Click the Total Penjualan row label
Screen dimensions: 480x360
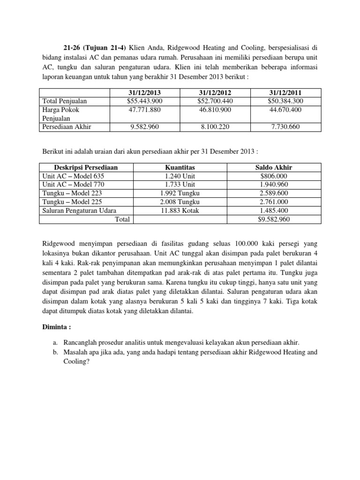click(x=65, y=101)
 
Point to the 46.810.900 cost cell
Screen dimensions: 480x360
click(x=214, y=110)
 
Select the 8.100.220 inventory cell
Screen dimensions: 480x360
click(x=214, y=127)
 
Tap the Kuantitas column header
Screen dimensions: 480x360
click(x=180, y=167)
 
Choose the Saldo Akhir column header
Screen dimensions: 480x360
click(x=274, y=167)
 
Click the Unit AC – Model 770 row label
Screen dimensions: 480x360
click(x=72, y=184)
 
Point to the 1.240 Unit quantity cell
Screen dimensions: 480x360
click(x=180, y=176)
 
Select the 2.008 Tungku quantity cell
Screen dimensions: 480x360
click(x=180, y=202)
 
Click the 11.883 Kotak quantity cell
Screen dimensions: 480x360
click(x=180, y=210)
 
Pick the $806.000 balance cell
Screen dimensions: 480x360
click(x=274, y=176)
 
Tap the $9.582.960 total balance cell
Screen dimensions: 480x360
click(x=274, y=219)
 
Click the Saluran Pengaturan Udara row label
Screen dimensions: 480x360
click(x=79, y=210)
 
